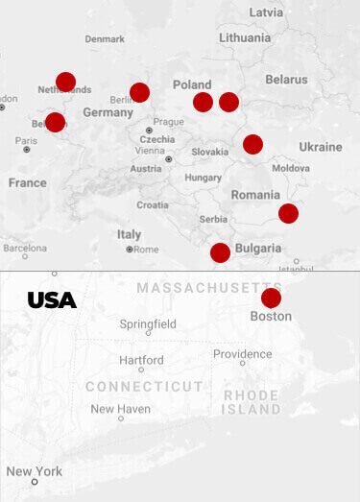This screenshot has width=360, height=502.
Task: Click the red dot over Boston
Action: pos(271,298)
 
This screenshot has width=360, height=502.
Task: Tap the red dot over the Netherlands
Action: pos(65,82)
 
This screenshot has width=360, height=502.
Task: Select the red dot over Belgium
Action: pos(55,122)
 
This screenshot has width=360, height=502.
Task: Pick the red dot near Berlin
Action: pos(139,92)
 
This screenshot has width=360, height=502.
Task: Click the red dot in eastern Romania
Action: pos(288,213)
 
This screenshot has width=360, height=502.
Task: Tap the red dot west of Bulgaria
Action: pos(220,252)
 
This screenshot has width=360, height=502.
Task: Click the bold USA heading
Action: pos(52,300)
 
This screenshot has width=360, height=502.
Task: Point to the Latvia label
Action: pos(266,12)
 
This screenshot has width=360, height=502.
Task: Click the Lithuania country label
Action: pos(244,37)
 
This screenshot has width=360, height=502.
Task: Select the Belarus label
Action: pos(286,79)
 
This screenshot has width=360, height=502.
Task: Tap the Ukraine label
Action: pos(320,147)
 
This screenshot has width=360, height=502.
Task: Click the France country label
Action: pos(27,182)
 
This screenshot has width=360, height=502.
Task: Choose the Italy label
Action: pos(129,234)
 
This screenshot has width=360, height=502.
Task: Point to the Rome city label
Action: pos(146,250)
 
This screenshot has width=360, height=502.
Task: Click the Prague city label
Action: pos(168,122)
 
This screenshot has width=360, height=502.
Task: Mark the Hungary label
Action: pos(203,178)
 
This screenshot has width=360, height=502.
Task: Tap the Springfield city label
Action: pos(148,324)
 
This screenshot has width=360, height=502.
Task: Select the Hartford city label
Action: pos(141,360)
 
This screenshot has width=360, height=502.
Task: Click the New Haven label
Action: pos(120,409)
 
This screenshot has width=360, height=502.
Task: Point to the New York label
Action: pos(35,471)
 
